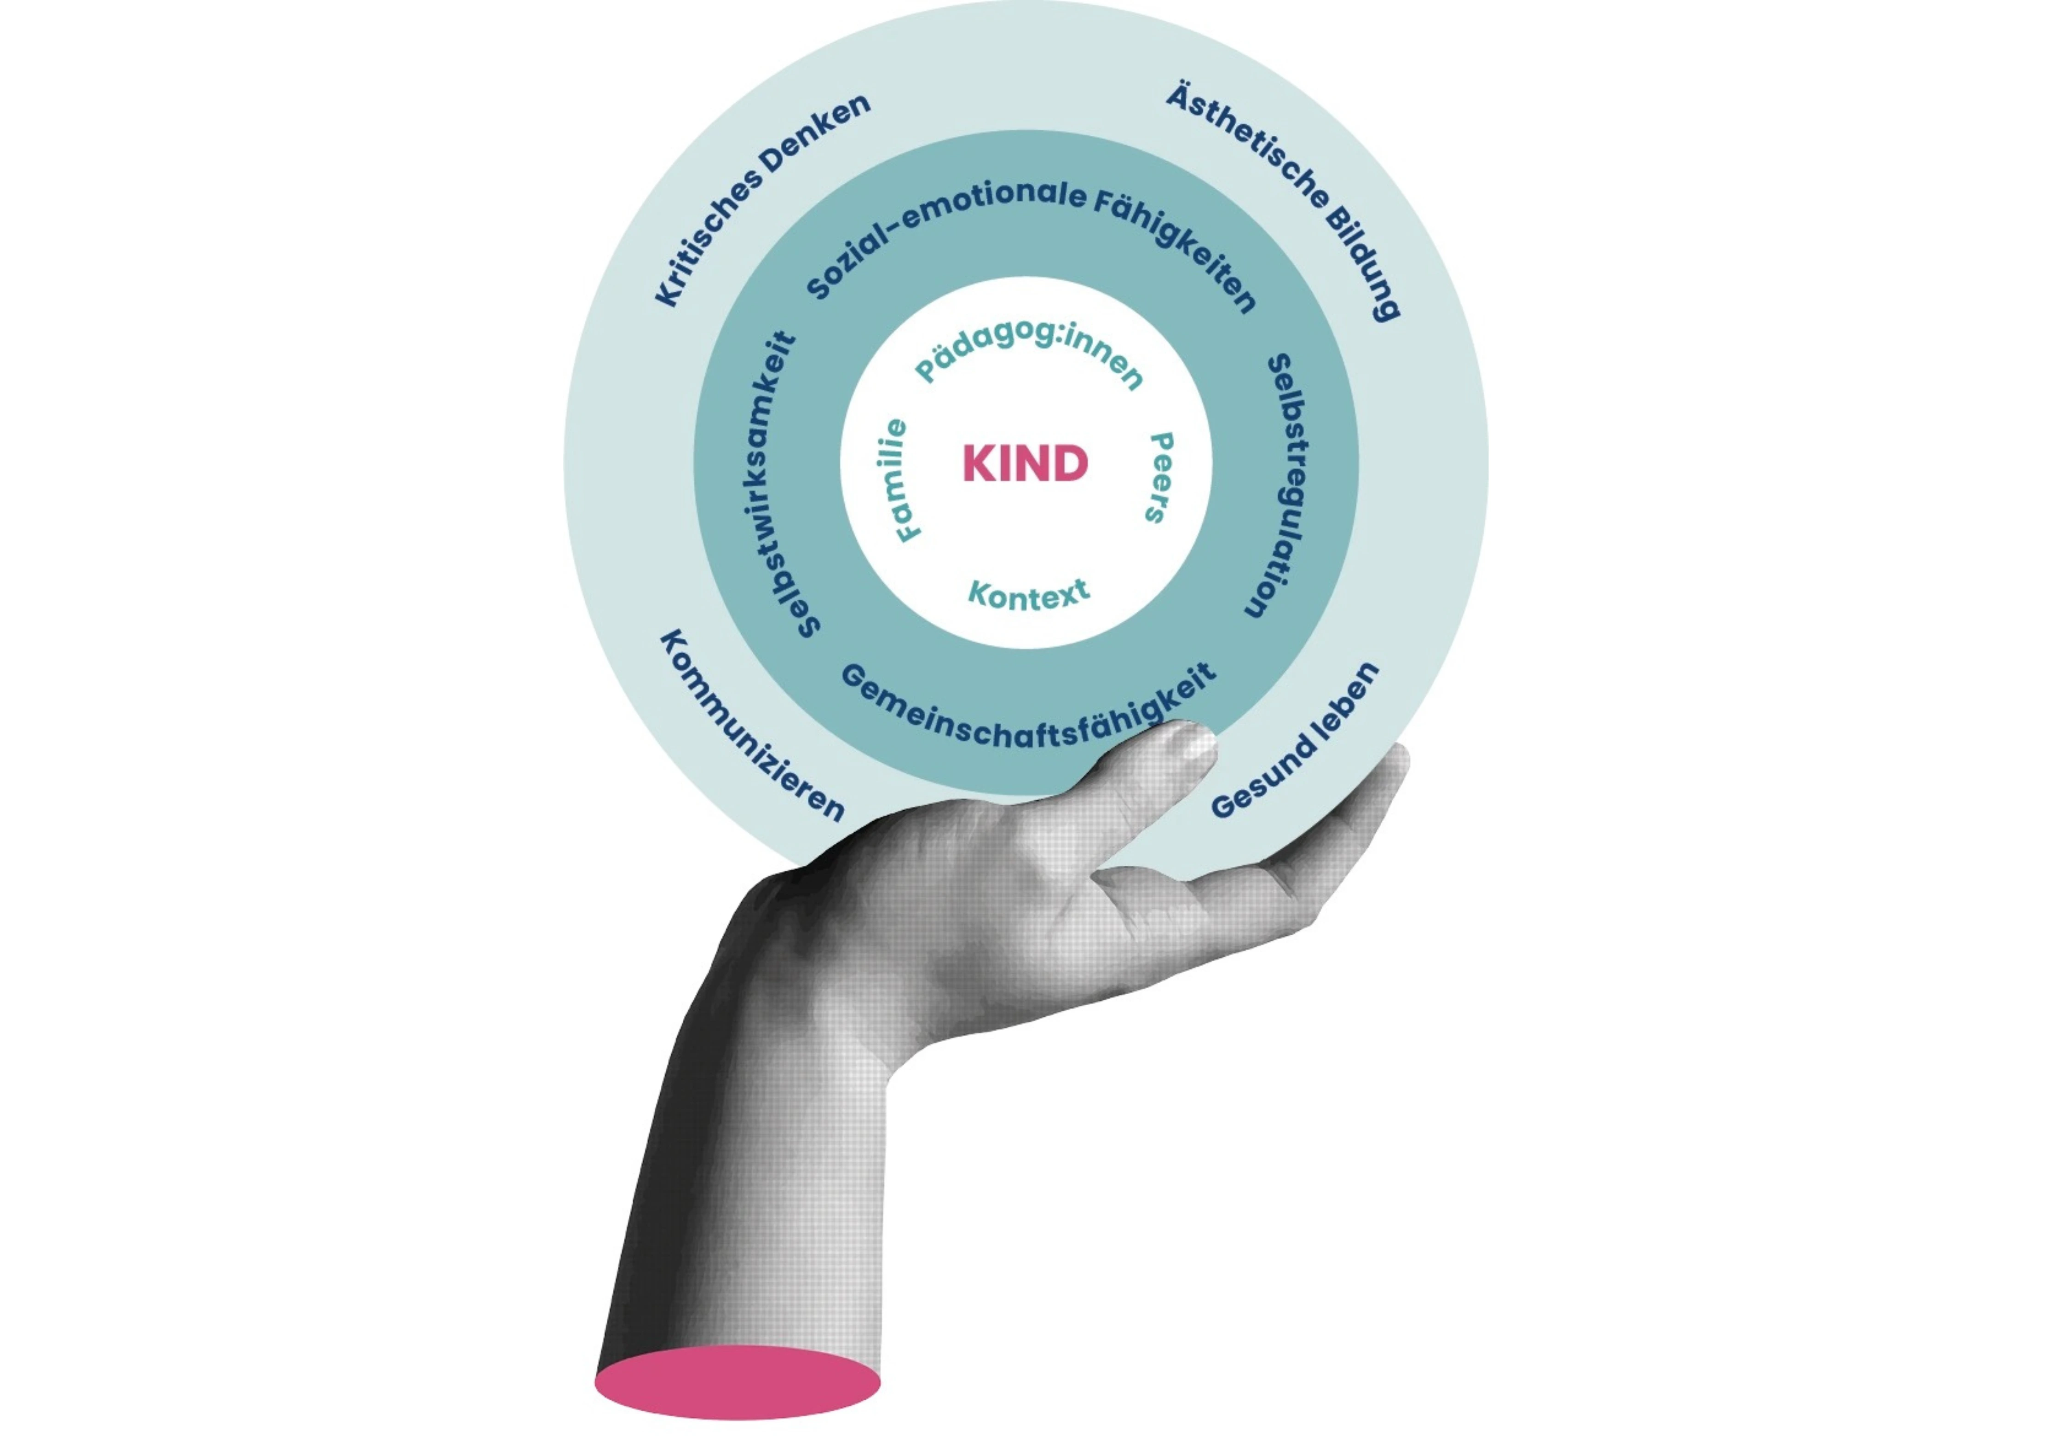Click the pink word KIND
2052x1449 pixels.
click(x=1025, y=463)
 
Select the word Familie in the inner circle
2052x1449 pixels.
click(x=899, y=480)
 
